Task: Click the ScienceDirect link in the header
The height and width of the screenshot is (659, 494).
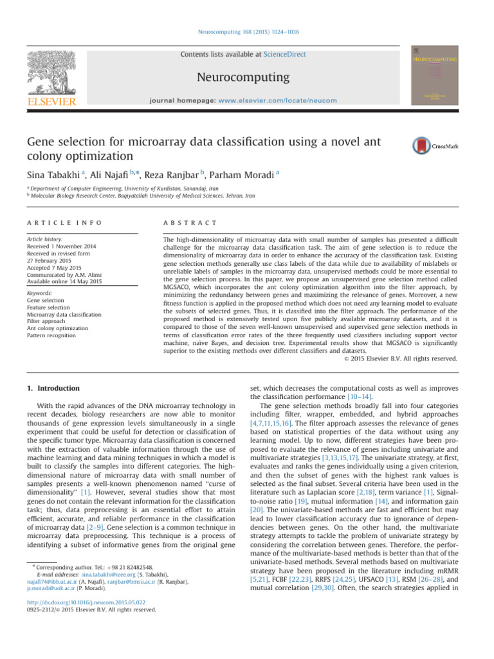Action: [285, 55]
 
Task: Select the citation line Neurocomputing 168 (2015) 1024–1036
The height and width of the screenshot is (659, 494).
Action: [247, 31]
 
